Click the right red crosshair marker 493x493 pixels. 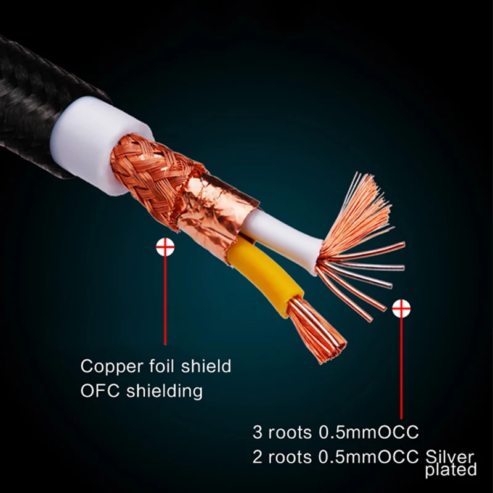(x=401, y=308)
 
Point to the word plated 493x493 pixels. (x=451, y=471)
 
